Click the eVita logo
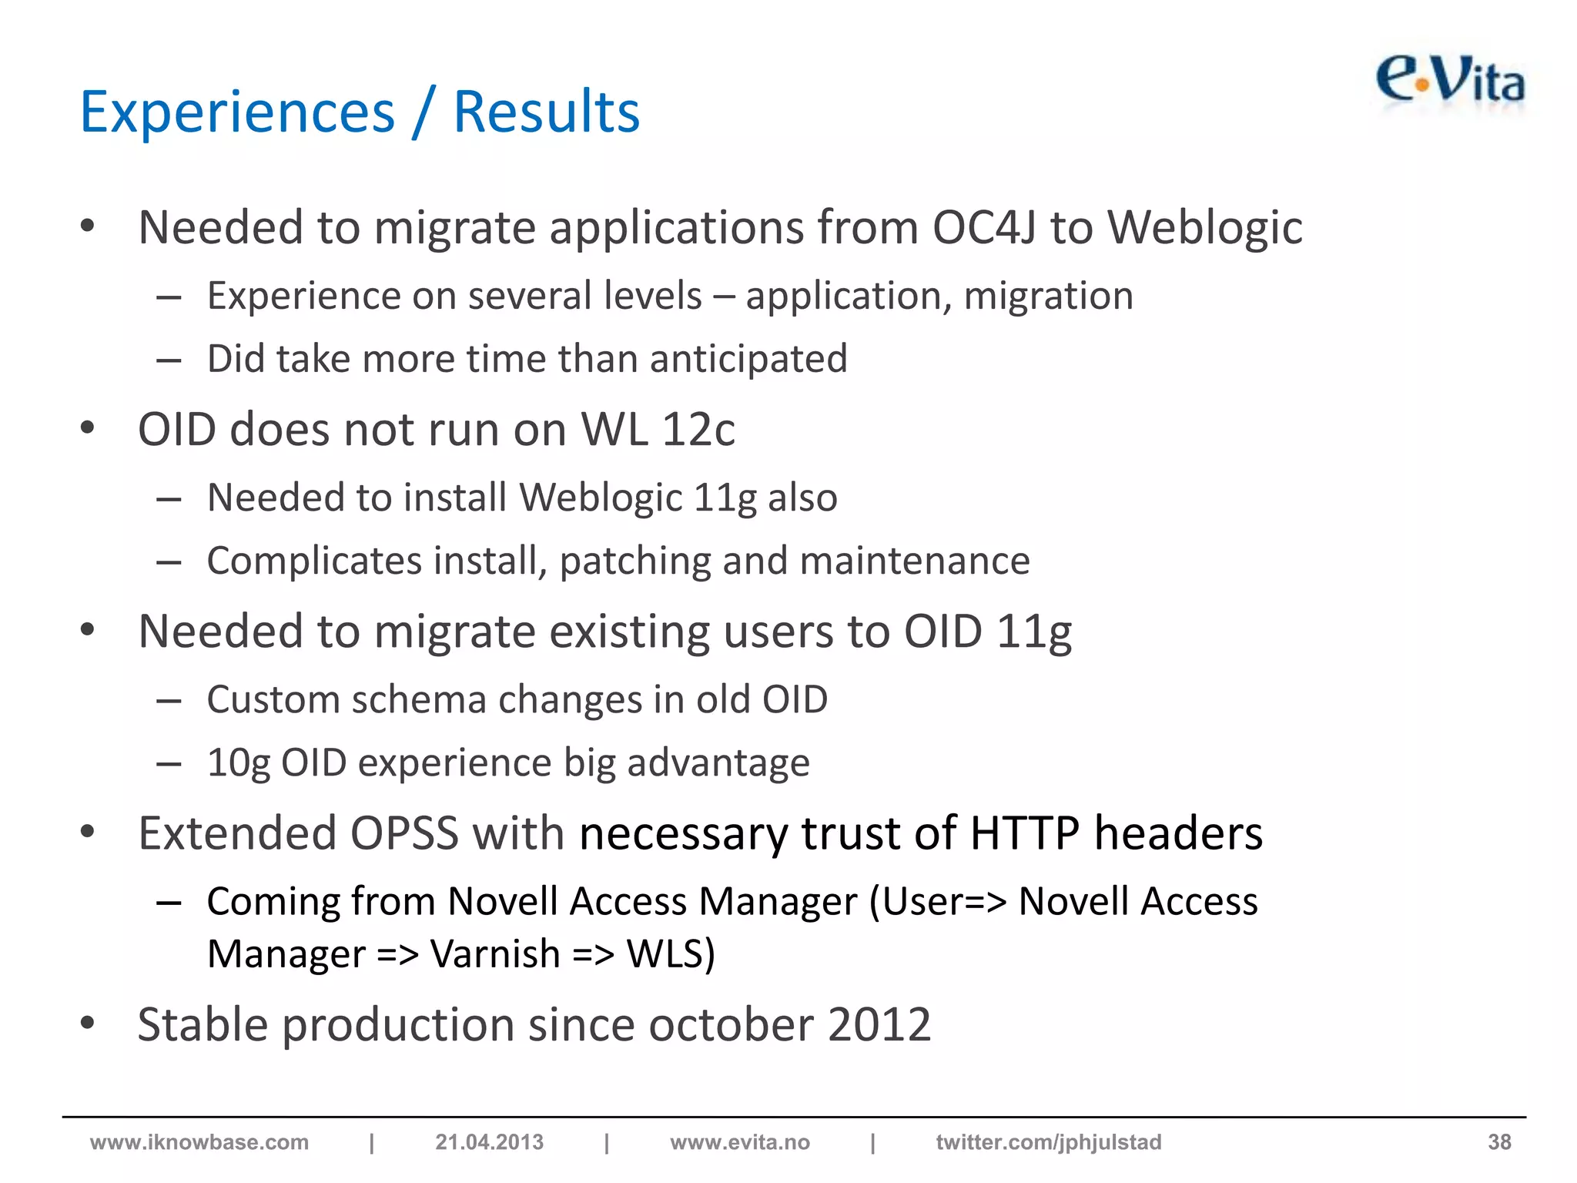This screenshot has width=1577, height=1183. (x=1449, y=82)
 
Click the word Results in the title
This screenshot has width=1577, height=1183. (x=546, y=112)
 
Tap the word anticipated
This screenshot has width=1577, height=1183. (x=748, y=359)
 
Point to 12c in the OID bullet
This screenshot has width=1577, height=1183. (x=698, y=430)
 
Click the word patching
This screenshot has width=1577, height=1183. (x=634, y=561)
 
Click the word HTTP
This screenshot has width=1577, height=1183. (x=1024, y=833)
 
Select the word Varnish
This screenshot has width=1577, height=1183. (x=494, y=954)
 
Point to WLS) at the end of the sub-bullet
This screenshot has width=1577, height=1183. (x=671, y=954)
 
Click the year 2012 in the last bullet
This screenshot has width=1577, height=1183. (x=879, y=1025)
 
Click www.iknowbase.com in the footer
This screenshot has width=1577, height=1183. (x=199, y=1142)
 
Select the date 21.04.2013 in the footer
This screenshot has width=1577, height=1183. (x=489, y=1142)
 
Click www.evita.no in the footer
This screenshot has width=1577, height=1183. (x=739, y=1142)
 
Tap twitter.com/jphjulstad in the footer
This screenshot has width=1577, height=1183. (x=1048, y=1142)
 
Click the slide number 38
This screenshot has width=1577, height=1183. (x=1498, y=1142)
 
